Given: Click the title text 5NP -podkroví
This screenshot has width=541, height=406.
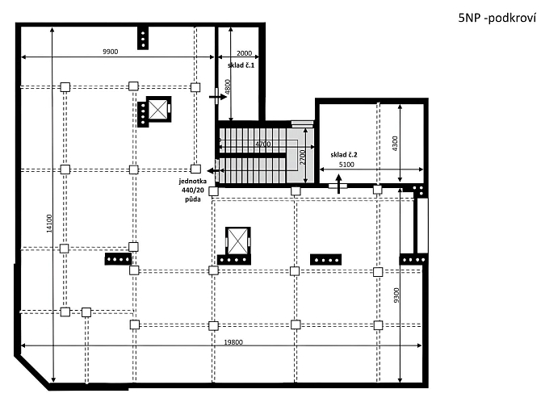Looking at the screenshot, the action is (x=497, y=18).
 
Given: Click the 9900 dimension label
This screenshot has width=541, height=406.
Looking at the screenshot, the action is (x=111, y=52).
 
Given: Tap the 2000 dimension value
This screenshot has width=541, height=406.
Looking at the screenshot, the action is (x=244, y=53).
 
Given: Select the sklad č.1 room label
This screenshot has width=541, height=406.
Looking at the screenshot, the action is (x=241, y=65).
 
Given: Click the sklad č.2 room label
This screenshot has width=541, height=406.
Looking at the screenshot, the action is (x=344, y=154).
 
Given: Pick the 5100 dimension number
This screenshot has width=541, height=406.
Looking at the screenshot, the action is (x=346, y=165).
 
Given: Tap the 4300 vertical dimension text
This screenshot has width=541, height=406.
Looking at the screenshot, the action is (x=395, y=143).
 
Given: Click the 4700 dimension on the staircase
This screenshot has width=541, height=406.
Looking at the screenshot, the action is (x=263, y=144).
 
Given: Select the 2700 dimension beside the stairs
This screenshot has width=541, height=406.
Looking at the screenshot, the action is (x=303, y=157).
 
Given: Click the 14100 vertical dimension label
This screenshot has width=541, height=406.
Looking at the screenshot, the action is (x=49, y=224).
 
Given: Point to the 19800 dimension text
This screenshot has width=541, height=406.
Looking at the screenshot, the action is (x=233, y=342).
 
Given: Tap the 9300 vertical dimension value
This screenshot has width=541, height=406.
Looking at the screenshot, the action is (x=396, y=295).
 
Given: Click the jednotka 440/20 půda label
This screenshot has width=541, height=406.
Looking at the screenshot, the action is (x=192, y=190).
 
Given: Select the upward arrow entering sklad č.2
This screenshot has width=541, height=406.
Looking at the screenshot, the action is (x=339, y=184).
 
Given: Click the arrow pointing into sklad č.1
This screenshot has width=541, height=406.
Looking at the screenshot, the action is (x=218, y=97).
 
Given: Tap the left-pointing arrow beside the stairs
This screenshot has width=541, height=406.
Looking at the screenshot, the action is (x=215, y=171).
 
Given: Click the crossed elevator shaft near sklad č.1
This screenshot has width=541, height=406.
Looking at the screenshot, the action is (x=158, y=109).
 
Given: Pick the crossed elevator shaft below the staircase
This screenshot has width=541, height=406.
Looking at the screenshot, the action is (x=237, y=241).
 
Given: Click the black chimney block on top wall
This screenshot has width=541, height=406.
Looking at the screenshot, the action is (x=143, y=38).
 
